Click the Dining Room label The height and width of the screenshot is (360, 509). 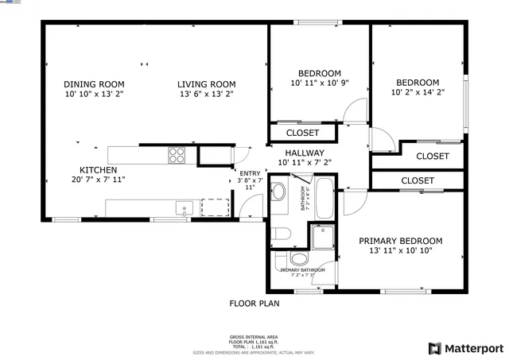coord(94,84)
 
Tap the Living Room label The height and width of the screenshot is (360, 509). coord(206,84)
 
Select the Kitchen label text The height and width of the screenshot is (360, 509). coord(98,170)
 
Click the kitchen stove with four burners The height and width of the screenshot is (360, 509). coord(176,155)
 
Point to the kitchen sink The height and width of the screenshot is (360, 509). coord(185,209)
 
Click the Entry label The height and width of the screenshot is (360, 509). coord(249,173)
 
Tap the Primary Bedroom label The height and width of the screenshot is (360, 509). coord(400,241)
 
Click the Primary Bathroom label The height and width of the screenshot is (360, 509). coord(302,270)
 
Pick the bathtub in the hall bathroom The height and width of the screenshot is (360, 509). coord(324,199)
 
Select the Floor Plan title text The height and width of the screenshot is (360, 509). coord(254,303)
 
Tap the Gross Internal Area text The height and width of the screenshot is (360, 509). coord(254,337)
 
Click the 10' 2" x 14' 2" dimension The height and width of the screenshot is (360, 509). coord(418,92)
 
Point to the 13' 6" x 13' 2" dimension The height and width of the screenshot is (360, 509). coord(206,94)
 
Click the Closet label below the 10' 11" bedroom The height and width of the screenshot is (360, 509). coord(302,133)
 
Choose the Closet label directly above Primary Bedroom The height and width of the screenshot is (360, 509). coord(417,181)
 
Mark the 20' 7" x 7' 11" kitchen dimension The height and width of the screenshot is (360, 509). coord(98,180)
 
